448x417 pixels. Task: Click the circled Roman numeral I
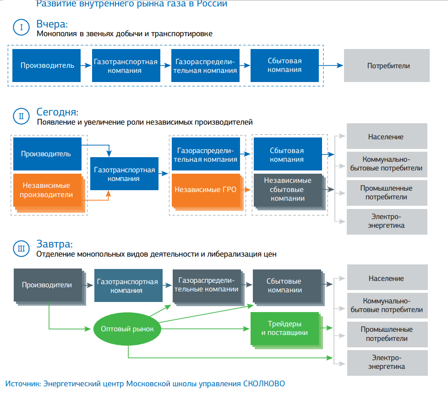pyautogui.click(x=22, y=27)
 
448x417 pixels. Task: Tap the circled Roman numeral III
pyautogui.click(x=22, y=248)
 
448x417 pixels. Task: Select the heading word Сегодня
pyautogui.click(x=57, y=112)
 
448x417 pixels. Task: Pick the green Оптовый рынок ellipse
pyautogui.click(x=127, y=329)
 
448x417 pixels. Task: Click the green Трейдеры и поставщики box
pyautogui.click(x=284, y=329)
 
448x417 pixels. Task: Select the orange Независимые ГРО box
pyautogui.click(x=206, y=189)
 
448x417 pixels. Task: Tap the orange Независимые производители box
pyautogui.click(x=47, y=190)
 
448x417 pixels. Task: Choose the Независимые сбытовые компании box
pyautogui.click(x=287, y=189)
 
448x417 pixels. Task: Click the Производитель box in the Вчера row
pyautogui.click(x=47, y=66)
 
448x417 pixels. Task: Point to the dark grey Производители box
pyautogui.click(x=47, y=285)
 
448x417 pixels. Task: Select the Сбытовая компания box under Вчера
pyautogui.click(x=284, y=66)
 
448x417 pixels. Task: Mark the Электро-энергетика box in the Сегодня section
pyautogui.click(x=387, y=221)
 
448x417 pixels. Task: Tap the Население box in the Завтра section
pyautogui.click(x=387, y=279)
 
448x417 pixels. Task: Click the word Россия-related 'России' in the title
pyautogui.click(x=214, y=4)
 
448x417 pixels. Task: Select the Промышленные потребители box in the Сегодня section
pyautogui.click(x=387, y=193)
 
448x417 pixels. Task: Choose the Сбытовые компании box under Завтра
pyautogui.click(x=284, y=285)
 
